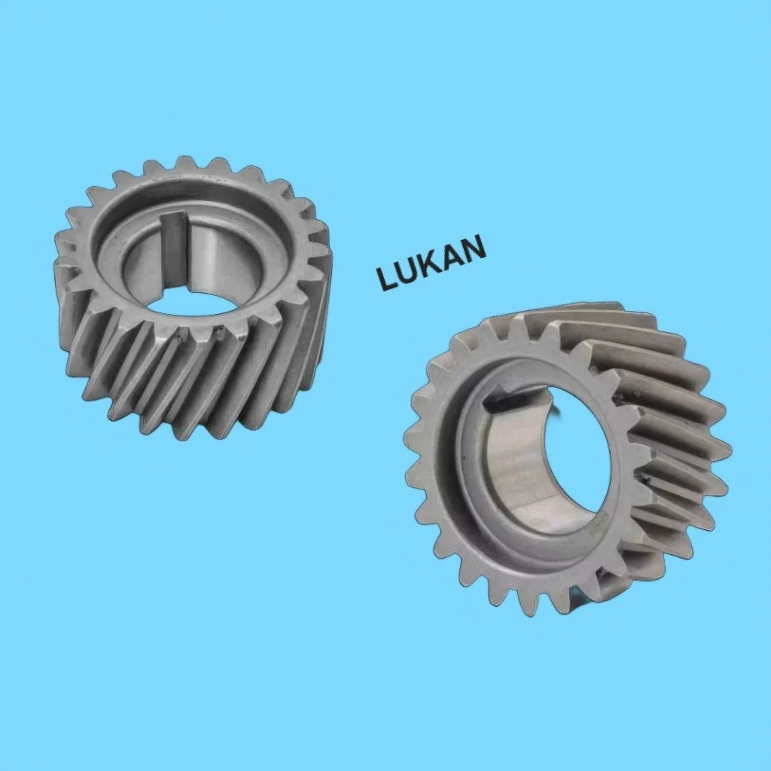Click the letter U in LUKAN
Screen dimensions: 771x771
(408, 270)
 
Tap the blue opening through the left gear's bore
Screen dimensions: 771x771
(188, 303)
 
